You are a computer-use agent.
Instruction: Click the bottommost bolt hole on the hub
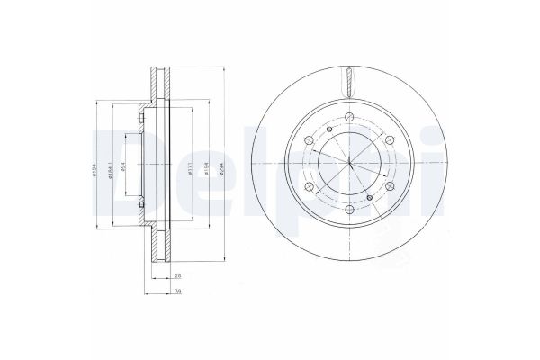(x=347, y=209)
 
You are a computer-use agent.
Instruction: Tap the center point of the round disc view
(x=347, y=167)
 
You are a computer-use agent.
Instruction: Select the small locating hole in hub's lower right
(x=370, y=196)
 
